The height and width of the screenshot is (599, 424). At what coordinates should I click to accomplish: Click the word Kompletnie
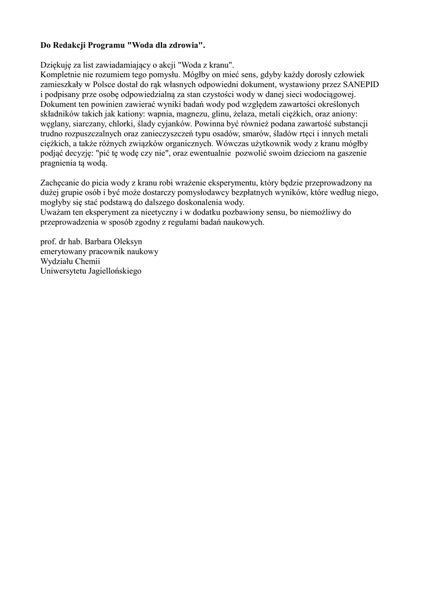click(61, 74)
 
